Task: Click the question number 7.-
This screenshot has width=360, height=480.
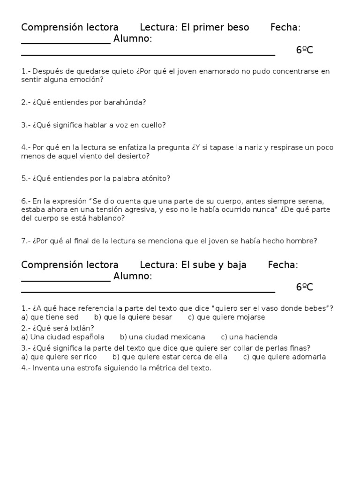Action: pyautogui.click(x=26, y=241)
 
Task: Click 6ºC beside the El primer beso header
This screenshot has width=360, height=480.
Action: pyautogui.click(x=305, y=51)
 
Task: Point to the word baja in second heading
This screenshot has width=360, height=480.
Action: pyautogui.click(x=236, y=265)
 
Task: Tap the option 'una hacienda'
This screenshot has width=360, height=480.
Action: pyautogui.click(x=249, y=337)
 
